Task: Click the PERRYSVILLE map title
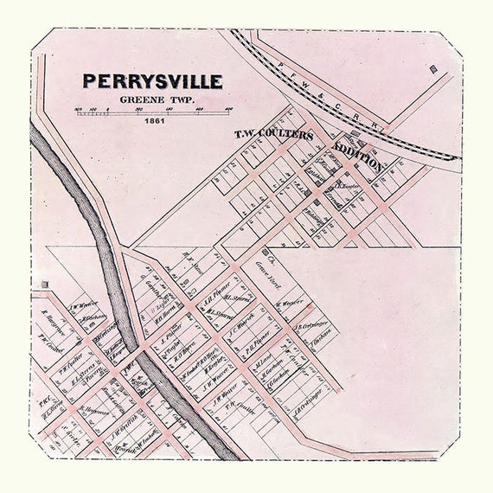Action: coord(152,81)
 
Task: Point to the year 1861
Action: coord(154,120)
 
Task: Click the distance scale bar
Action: coord(154,110)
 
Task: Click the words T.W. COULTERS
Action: coord(274,135)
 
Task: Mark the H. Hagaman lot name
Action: coord(95,413)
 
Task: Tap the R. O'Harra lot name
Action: coord(188,353)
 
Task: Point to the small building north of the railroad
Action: coord(432,67)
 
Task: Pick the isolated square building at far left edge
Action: coord(44,284)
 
